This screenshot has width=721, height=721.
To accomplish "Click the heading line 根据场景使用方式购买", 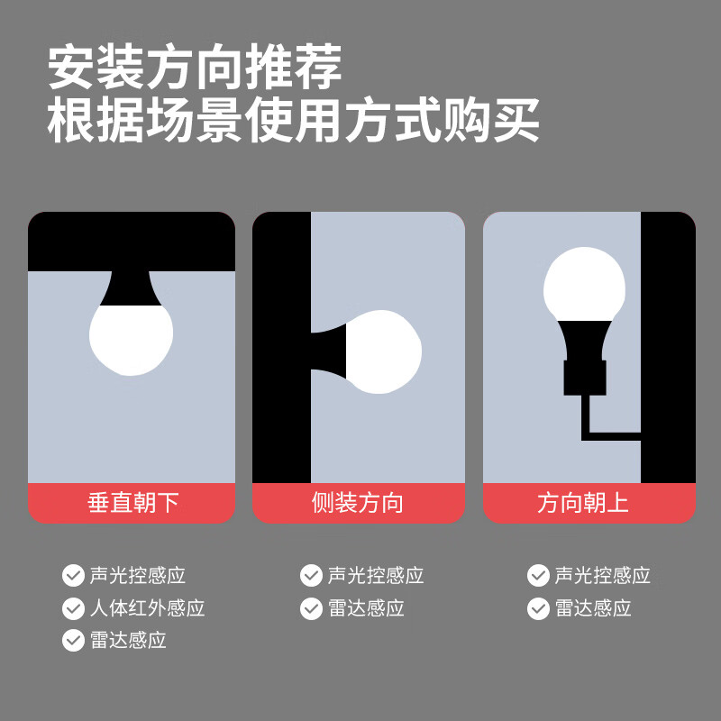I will point(293,120).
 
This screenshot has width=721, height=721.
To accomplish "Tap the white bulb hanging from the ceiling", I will point(132,338).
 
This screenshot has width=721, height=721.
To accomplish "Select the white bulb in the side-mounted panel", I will point(385,351).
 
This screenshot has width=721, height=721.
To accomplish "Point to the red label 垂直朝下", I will point(132,503).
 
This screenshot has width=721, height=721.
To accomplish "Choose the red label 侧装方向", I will point(358,503).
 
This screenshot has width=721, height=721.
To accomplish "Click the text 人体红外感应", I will point(148,608).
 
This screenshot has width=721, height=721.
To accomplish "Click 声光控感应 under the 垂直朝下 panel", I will point(138,576).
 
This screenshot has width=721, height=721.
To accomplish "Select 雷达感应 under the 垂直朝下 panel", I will point(128,641).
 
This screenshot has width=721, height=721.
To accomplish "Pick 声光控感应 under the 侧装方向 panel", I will point(376,576).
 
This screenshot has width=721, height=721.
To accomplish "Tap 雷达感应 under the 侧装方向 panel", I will point(366,608).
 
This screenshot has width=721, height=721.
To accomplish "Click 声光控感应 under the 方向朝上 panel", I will point(603,576).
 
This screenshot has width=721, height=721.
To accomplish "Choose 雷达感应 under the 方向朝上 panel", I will point(593,608).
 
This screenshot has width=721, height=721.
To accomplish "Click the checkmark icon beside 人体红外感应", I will point(73,608).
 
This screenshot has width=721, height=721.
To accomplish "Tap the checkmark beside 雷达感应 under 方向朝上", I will point(538,608).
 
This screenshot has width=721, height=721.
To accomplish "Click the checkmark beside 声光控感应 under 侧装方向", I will point(311,576).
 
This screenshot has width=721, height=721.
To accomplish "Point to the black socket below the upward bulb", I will point(585,377).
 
